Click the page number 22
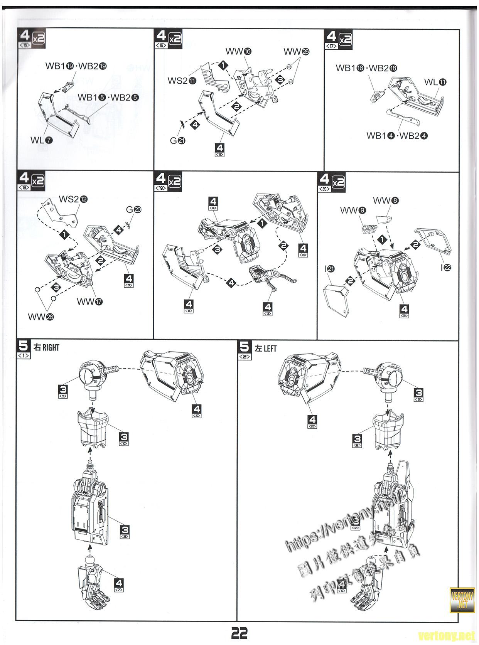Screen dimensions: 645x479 [239, 633]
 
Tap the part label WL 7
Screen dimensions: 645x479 [41, 140]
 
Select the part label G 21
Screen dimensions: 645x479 [178, 141]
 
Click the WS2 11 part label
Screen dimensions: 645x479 [182, 81]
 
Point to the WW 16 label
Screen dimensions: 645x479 [238, 51]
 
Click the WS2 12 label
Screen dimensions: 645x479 [73, 199]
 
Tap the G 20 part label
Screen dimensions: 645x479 [134, 209]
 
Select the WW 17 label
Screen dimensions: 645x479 [90, 301]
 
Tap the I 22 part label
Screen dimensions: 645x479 [445, 268]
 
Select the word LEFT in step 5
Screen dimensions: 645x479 [270, 348]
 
